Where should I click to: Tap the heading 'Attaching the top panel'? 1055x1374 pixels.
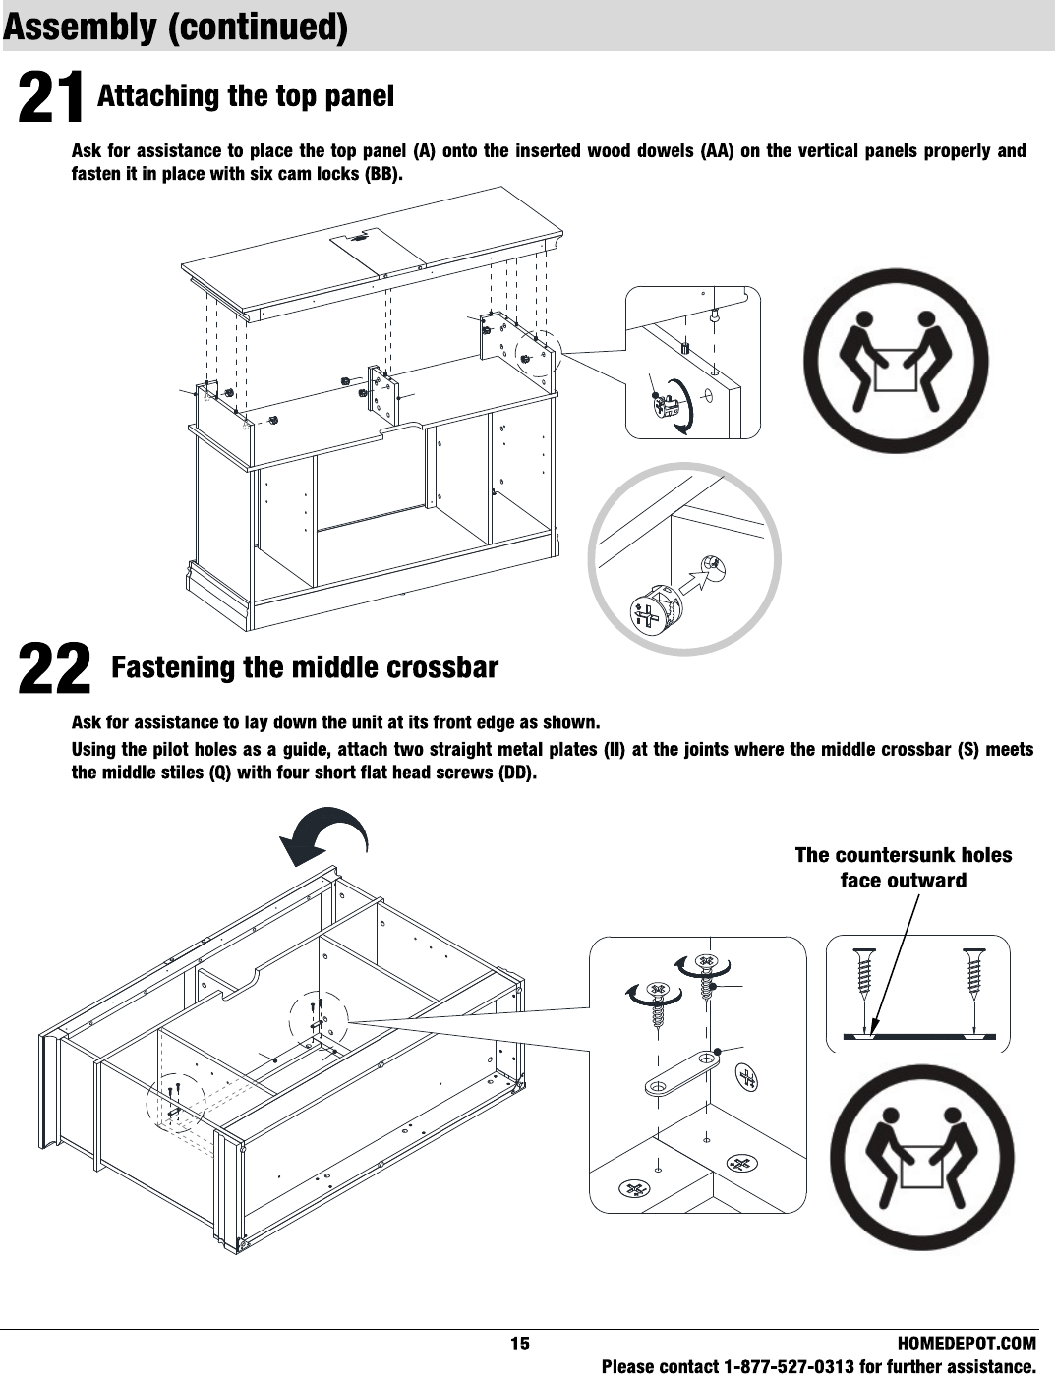246,96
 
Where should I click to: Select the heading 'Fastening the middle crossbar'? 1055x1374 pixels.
305,668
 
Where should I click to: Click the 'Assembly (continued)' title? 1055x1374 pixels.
176,28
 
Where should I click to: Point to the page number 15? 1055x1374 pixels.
519,1344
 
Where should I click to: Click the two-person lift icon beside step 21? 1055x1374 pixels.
896,361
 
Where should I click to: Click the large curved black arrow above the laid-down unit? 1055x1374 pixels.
324,837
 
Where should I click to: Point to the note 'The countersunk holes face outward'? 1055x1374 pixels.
903,867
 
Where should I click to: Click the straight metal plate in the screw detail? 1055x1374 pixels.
680,1073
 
